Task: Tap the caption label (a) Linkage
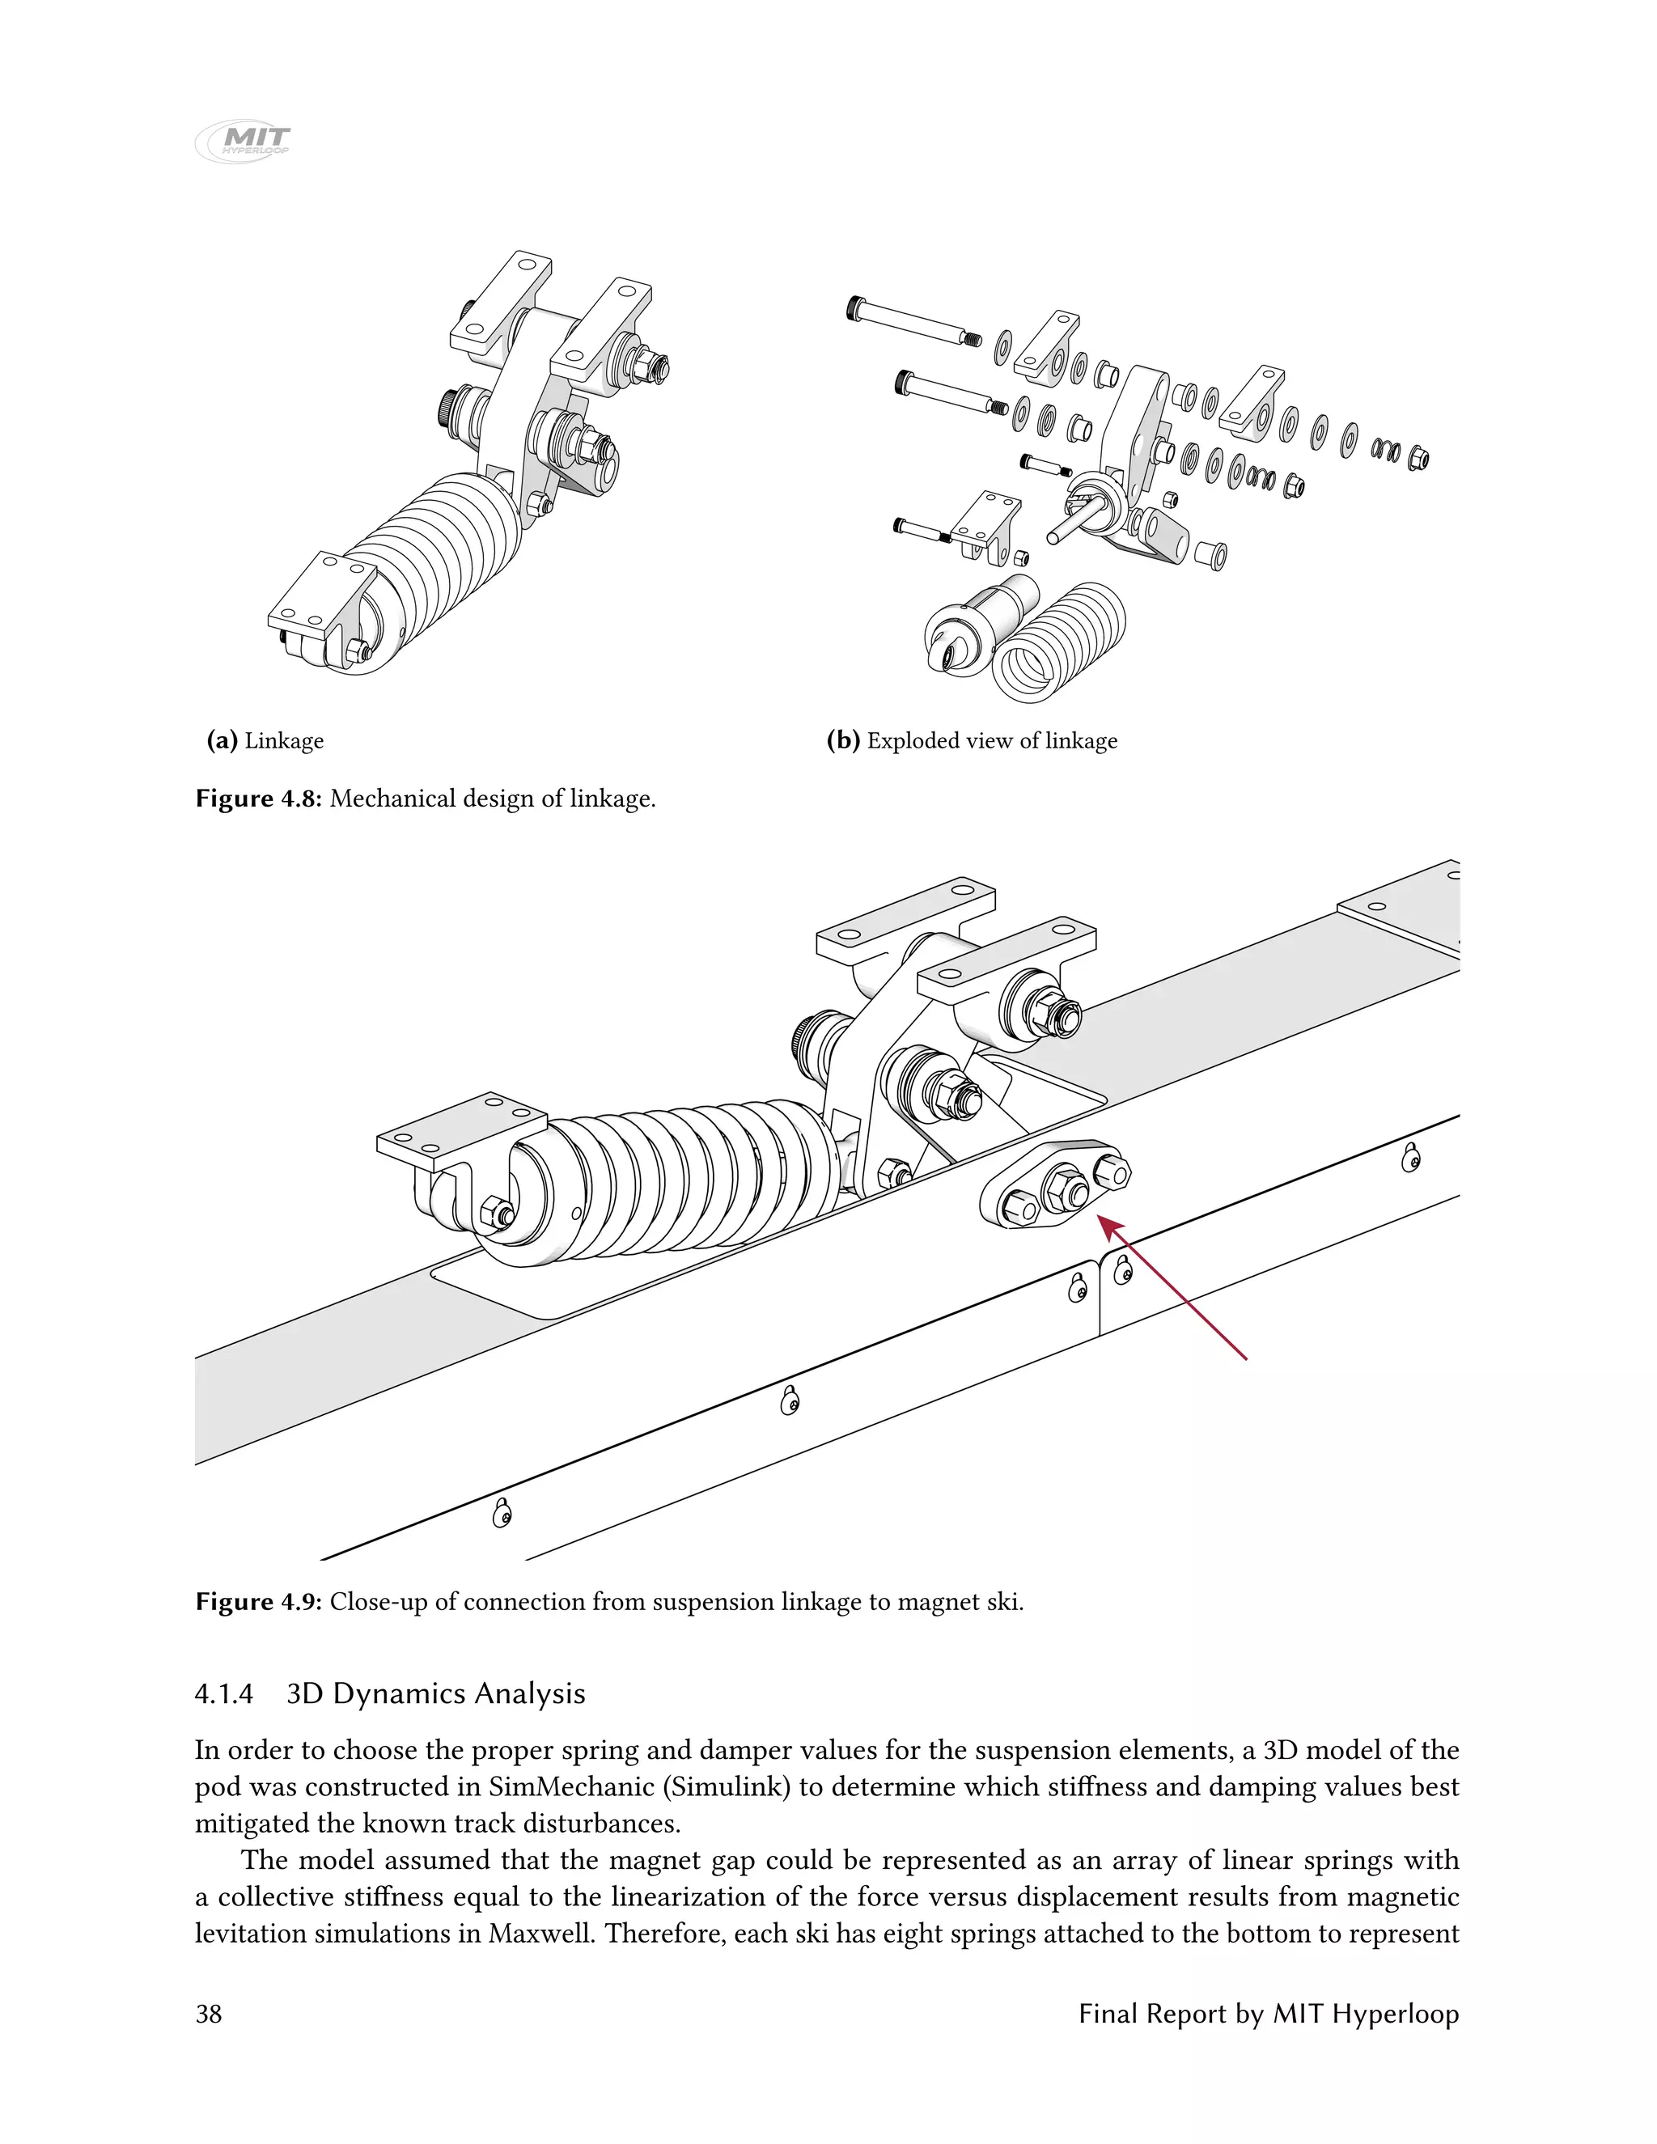[x=265, y=740]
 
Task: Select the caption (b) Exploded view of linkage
[x=972, y=740]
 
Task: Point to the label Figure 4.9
[x=258, y=1602]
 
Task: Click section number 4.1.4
[x=224, y=1694]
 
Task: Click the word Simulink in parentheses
[x=727, y=1786]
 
